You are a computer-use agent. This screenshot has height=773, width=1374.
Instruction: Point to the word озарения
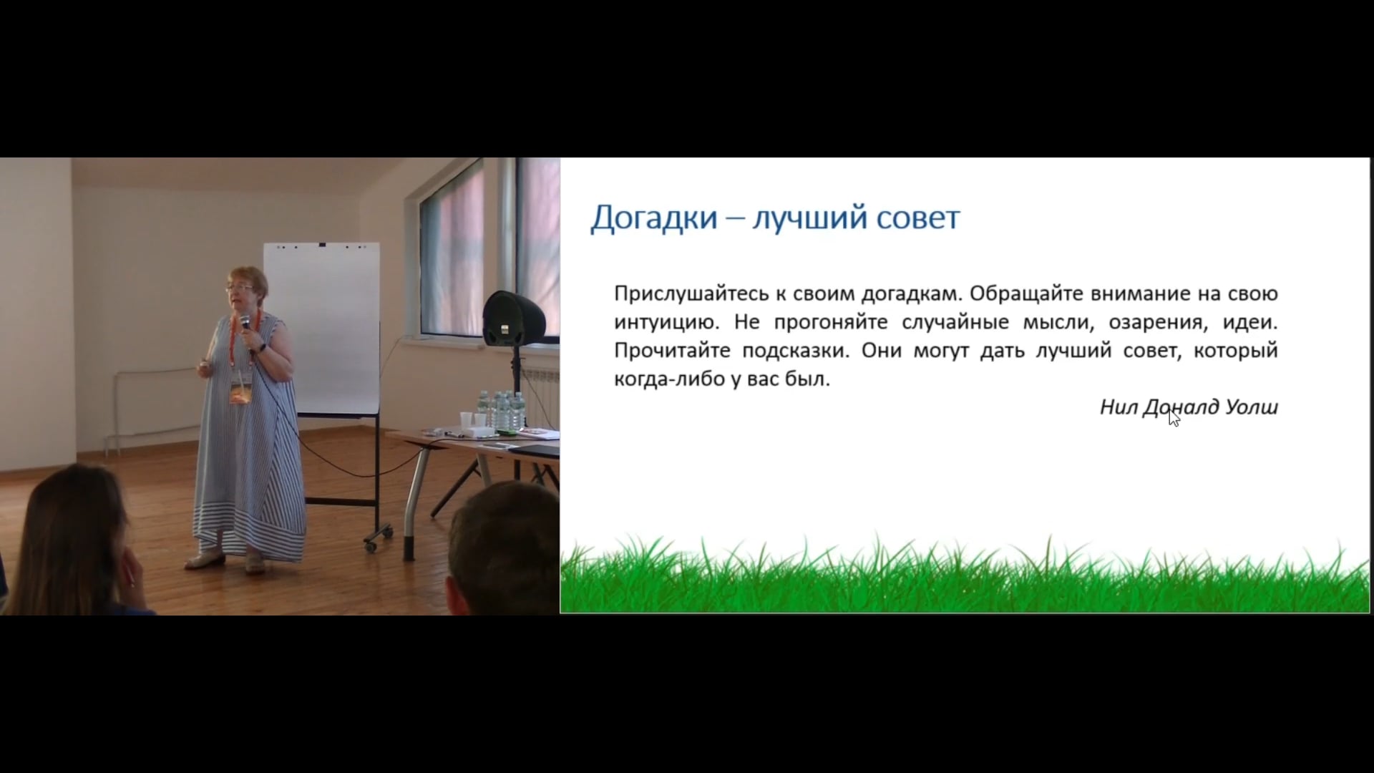(x=1154, y=323)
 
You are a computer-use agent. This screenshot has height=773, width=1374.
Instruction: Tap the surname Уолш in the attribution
(x=1252, y=407)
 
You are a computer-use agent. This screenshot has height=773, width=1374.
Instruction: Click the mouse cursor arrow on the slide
(x=1174, y=418)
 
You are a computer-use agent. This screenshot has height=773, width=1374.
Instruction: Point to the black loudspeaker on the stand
(x=513, y=319)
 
